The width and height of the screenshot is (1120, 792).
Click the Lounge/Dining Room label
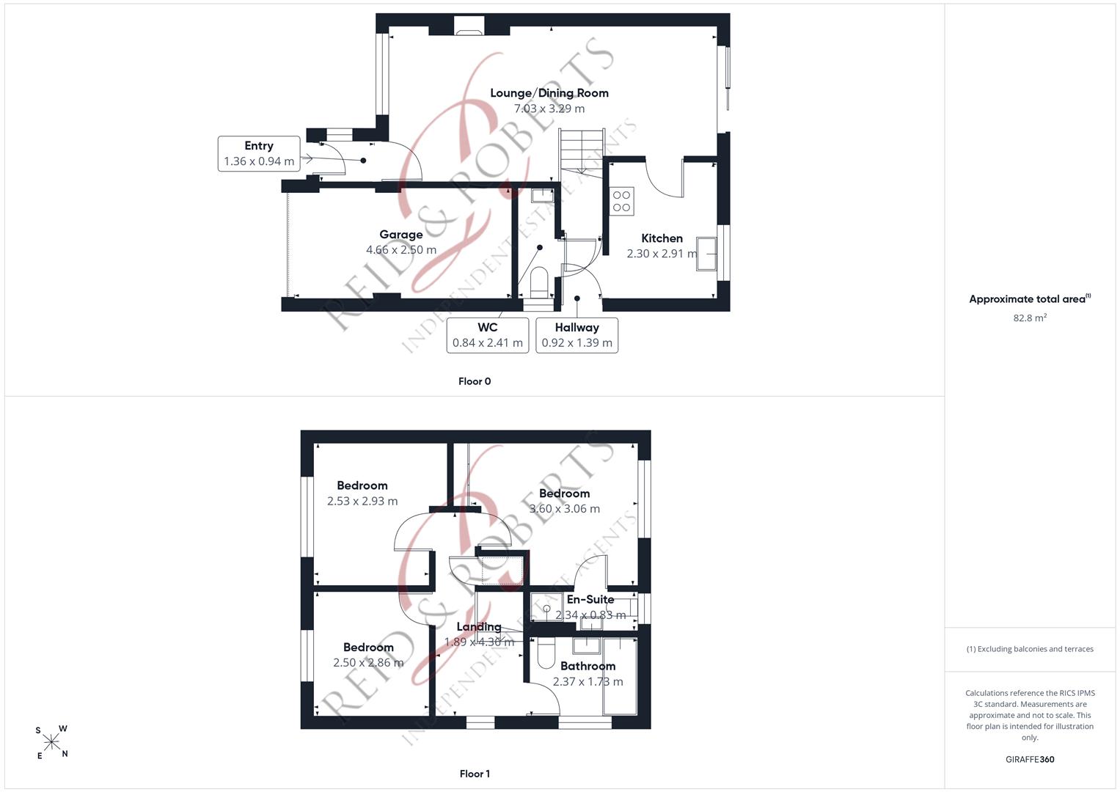(x=549, y=93)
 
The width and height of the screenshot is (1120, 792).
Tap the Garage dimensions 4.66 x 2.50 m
(x=401, y=249)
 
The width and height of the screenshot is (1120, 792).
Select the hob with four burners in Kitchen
(x=621, y=201)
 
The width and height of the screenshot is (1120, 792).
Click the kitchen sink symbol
(x=706, y=254)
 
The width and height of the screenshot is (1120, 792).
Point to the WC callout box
(x=488, y=336)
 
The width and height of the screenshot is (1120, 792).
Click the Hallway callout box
(x=577, y=336)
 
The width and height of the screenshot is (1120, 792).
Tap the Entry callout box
(x=259, y=153)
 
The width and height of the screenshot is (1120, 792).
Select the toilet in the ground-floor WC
(x=538, y=282)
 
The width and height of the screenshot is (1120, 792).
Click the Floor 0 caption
(x=475, y=381)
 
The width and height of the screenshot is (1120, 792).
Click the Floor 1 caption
(x=475, y=774)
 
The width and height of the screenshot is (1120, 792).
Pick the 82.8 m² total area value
(x=1030, y=318)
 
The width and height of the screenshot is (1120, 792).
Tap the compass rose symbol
(x=51, y=742)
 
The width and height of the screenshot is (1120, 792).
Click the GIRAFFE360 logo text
(x=1030, y=760)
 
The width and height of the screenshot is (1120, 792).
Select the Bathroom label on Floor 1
(x=588, y=666)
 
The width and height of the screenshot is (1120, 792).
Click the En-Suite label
(x=590, y=600)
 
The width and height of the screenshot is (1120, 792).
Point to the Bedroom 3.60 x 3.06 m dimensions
(x=565, y=509)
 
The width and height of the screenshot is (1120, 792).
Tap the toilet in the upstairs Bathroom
(x=546, y=653)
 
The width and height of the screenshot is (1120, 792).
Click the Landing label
(x=479, y=627)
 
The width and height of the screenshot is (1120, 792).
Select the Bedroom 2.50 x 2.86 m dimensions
(x=368, y=662)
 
